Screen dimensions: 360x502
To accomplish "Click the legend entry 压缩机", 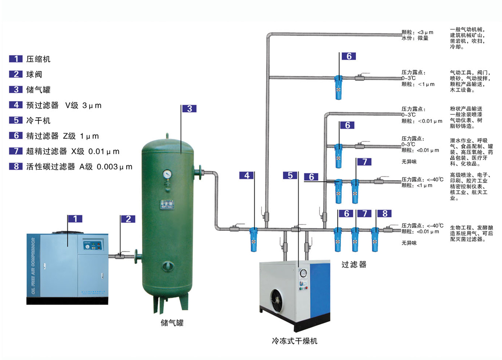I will pos(41,59).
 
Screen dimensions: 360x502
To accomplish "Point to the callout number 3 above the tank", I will pos(189,109).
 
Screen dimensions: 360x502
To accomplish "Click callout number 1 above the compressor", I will pos(74,218).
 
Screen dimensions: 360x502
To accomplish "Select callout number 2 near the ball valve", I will pos(128,219).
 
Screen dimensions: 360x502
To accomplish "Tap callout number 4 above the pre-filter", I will pos(247,176).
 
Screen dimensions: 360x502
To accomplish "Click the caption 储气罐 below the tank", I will pos(172,323).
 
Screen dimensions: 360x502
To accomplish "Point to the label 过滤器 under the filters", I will pos(354,265).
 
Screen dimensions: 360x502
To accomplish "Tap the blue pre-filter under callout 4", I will pos(254,239).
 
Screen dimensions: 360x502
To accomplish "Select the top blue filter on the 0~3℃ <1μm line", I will pos(338,87).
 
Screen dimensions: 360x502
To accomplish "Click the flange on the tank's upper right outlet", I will pos(200,171).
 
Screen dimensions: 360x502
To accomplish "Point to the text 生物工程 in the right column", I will pos(458,226).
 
